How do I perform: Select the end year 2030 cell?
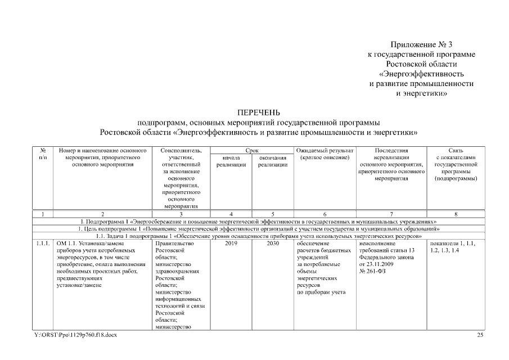[x=273, y=244]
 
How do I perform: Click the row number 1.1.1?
[x=43, y=244]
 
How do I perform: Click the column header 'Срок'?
[x=252, y=151]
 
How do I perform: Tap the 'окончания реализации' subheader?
[x=273, y=161]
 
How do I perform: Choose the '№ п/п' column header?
[x=43, y=154]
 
